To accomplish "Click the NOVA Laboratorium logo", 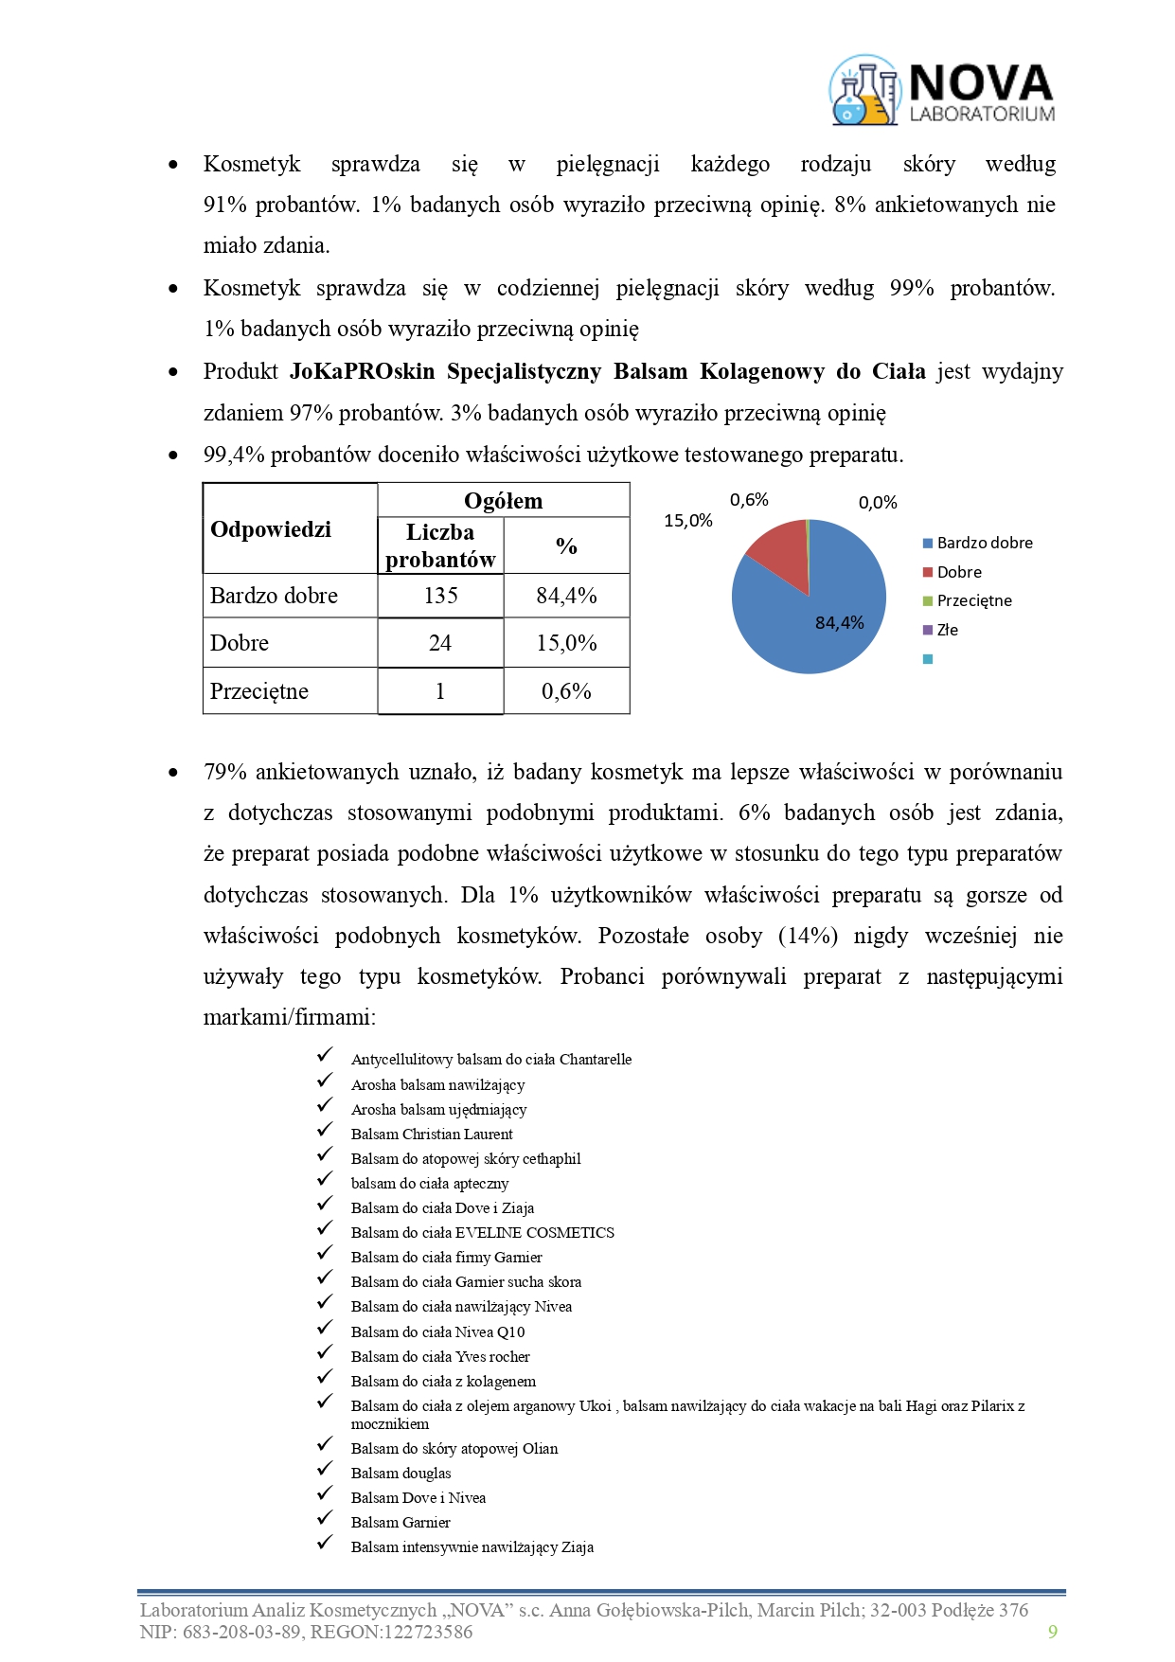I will [942, 91].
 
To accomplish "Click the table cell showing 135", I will [440, 596].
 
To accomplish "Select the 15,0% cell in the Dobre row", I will [566, 643].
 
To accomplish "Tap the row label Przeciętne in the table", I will [259, 691].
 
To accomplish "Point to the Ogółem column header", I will [503, 501].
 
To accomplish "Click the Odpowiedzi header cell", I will [271, 529].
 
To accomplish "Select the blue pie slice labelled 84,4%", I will [824, 625].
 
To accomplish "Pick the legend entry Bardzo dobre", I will [984, 543].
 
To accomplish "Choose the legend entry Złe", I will [946, 630].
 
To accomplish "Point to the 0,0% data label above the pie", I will [878, 503].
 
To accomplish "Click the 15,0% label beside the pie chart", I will [688, 521].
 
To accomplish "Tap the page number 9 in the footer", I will [1053, 1631].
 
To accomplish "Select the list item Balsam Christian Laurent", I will [432, 1134].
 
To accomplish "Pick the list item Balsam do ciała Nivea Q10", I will [437, 1331].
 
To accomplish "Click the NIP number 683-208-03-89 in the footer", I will [236, 1631].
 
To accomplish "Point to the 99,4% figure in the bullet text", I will [234, 455].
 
